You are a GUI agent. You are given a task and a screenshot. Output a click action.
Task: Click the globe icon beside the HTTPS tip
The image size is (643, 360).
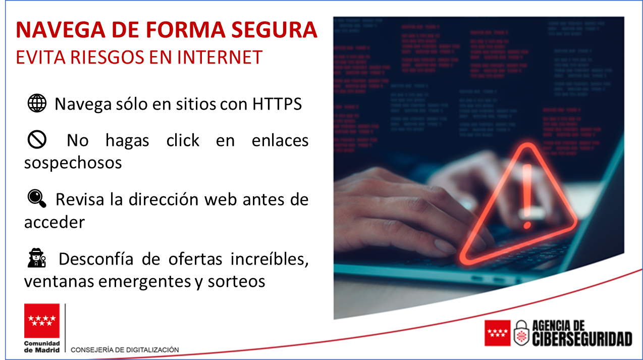(x=37, y=103)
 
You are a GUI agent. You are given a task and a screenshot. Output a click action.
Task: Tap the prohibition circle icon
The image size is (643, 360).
(x=37, y=139)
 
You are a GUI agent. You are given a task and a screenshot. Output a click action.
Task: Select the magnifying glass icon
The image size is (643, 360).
(x=37, y=198)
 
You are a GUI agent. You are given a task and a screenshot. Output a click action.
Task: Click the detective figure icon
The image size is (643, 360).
(x=36, y=258)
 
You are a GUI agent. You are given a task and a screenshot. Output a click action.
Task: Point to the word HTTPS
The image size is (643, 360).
(x=277, y=104)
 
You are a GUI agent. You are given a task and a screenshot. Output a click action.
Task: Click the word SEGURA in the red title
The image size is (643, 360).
(x=274, y=30)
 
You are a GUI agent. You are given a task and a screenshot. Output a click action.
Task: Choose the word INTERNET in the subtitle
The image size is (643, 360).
(x=220, y=57)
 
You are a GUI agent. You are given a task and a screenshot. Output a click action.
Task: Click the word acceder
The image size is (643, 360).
(x=55, y=222)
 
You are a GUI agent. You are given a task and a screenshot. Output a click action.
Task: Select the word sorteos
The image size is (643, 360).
(x=236, y=281)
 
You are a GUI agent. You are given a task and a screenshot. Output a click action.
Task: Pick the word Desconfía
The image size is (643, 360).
(x=96, y=259)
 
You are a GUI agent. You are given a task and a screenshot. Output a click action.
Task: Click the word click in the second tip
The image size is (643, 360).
(x=183, y=140)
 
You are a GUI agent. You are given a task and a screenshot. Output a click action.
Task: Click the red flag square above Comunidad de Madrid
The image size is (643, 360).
(x=42, y=321)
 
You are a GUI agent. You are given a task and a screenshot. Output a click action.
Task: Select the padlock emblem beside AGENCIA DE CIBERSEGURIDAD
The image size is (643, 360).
(x=521, y=333)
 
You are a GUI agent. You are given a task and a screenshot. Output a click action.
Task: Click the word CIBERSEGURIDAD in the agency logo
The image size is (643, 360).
(x=582, y=339)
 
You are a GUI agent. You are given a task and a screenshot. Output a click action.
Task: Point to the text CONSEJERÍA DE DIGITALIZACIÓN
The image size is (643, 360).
(x=125, y=350)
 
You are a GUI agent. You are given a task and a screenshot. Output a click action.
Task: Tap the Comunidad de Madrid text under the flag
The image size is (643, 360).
(x=42, y=347)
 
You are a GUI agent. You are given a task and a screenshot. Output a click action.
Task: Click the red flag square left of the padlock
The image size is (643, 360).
(x=498, y=333)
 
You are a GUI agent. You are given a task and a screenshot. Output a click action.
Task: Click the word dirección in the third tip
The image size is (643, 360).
(x=164, y=199)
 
